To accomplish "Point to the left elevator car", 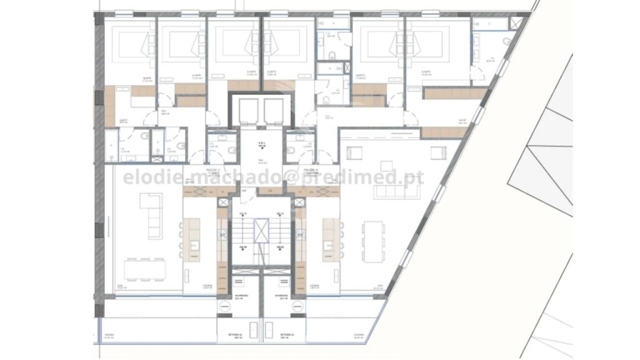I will [x=248, y=110].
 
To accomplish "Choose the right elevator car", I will [x=273, y=110].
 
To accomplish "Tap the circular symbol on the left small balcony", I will [x=223, y=308].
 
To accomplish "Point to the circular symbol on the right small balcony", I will [x=298, y=308].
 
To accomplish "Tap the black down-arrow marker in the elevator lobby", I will [x=261, y=148].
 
